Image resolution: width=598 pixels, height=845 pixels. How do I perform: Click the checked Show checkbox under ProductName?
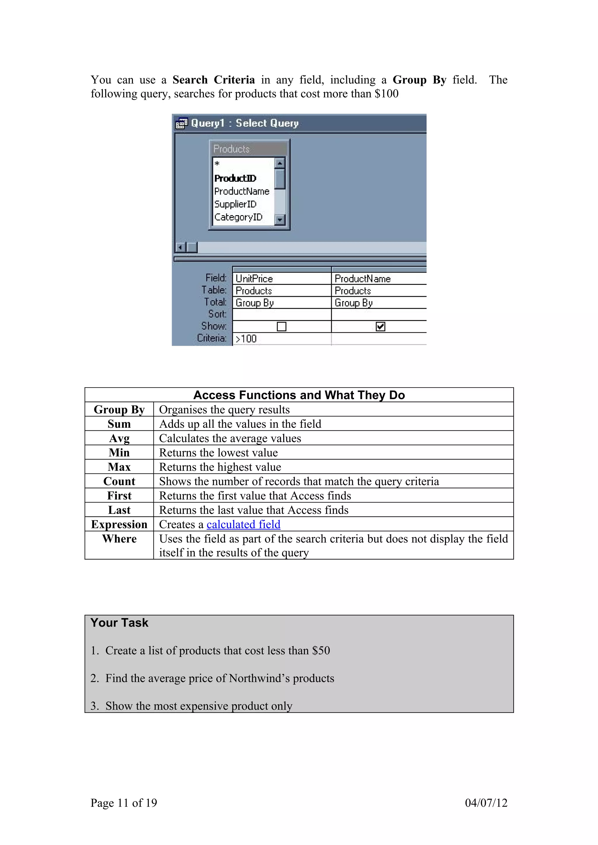(380, 327)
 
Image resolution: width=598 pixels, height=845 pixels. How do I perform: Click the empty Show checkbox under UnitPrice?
(281, 327)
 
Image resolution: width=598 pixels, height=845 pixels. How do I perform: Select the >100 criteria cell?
(282, 339)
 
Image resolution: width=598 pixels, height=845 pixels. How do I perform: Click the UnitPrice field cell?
(282, 278)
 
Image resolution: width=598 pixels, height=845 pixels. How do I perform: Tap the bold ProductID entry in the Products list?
(235, 178)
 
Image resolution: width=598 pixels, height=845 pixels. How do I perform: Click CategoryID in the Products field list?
(238, 217)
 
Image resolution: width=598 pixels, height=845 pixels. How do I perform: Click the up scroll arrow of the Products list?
(280, 163)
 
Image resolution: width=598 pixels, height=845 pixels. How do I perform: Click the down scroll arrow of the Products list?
(280, 220)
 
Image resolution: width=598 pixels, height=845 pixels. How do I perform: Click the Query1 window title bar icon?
(181, 123)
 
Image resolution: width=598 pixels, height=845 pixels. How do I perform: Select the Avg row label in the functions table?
(119, 438)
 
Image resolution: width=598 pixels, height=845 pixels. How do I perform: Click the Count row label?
(119, 481)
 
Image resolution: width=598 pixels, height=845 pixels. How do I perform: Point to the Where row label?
(119, 539)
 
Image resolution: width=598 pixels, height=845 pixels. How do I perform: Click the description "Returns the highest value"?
(220, 467)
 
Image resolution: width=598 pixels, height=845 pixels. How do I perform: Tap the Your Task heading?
(119, 623)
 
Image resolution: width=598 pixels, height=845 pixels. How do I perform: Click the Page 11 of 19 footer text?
(124, 803)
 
